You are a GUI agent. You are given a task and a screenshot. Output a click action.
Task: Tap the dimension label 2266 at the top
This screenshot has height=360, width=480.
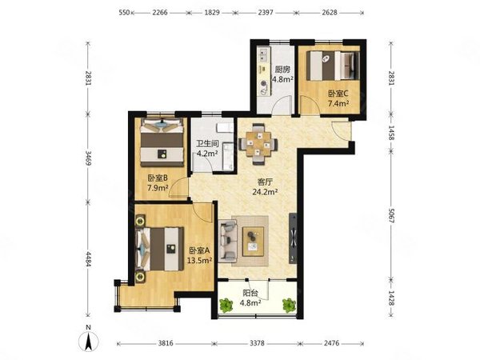click(160, 13)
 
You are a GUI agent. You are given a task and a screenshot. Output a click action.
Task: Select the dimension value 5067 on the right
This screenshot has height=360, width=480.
click(391, 215)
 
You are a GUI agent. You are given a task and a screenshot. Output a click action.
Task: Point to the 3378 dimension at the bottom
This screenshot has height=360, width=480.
click(257, 343)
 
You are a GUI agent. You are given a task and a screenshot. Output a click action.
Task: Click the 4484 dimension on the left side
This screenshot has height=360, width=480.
click(88, 259)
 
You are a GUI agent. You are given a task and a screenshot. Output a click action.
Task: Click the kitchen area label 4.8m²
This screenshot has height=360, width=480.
click(283, 79)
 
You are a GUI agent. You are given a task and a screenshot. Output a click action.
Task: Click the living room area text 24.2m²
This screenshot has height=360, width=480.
click(265, 192)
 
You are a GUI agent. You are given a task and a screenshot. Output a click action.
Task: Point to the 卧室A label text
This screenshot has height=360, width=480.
click(199, 250)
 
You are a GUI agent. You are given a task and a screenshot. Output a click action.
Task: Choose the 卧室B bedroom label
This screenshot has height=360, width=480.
click(158, 178)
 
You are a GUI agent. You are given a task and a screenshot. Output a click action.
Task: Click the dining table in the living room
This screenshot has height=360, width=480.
click(258, 143)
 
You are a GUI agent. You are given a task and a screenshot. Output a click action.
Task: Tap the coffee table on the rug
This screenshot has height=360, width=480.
click(253, 242)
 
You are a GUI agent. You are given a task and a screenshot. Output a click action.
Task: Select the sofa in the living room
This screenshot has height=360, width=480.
click(228, 241)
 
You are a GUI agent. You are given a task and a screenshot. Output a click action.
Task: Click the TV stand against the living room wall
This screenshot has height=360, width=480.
click(293, 238)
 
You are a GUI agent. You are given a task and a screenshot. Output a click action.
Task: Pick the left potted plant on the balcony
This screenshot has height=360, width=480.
click(226, 306)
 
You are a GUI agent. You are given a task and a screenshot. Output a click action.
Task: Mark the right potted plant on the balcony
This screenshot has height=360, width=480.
click(289, 306)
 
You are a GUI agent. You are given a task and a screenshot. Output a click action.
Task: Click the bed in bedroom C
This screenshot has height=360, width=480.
click(333, 66)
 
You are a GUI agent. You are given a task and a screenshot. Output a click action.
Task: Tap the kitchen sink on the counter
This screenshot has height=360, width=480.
click(263, 54)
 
